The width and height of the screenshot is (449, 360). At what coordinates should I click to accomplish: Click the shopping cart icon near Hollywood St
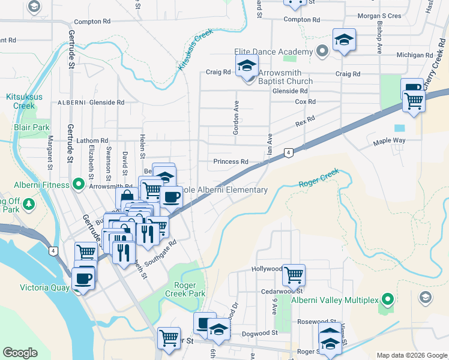(x=294, y=275)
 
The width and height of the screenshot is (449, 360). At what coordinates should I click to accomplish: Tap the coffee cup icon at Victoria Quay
(x=83, y=278)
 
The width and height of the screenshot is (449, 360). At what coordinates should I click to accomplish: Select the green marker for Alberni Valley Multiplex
(x=388, y=298)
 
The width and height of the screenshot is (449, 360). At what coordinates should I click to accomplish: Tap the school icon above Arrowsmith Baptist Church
(x=247, y=65)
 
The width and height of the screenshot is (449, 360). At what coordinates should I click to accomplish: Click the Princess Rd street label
(x=231, y=162)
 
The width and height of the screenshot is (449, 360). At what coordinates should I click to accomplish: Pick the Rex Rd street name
(x=305, y=122)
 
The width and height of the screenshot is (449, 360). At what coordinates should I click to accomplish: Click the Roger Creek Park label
(x=189, y=289)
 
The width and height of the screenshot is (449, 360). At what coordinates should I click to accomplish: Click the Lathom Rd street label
(x=92, y=140)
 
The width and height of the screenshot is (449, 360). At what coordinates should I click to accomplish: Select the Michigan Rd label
(x=415, y=55)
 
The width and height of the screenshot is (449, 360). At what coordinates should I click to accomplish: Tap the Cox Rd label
(x=305, y=102)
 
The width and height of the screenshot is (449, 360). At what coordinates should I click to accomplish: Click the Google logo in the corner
(x=20, y=353)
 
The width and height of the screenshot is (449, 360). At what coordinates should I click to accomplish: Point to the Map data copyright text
(x=411, y=355)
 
